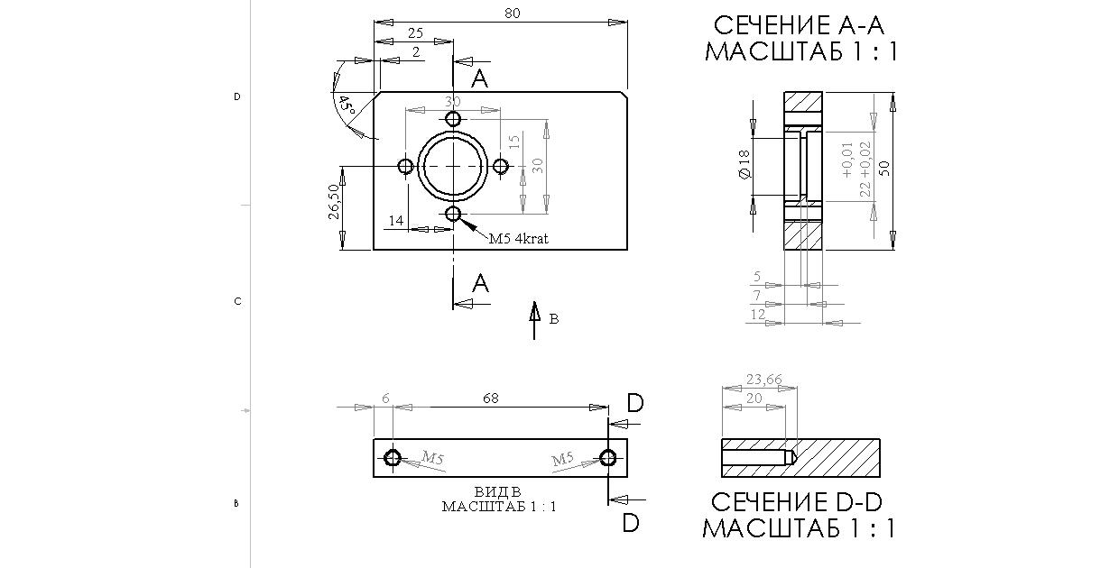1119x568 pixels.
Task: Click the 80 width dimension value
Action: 513,14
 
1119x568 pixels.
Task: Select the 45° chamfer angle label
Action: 346,105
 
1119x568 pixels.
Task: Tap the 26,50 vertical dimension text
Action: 334,202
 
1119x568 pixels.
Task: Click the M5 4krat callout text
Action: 519,239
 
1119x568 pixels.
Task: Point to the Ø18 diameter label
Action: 744,163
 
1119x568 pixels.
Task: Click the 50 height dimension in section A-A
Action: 884,169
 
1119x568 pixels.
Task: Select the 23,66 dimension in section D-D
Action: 763,379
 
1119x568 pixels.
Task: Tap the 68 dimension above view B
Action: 490,398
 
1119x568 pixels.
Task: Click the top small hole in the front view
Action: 453,119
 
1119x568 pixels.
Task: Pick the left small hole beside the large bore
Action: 406,166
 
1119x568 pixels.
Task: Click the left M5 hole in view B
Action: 392,458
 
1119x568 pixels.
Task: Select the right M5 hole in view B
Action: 609,458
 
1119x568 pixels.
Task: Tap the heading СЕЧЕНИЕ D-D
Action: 800,502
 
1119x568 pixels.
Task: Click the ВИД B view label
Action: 498,492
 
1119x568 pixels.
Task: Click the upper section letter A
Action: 480,79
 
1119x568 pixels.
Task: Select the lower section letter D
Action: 631,522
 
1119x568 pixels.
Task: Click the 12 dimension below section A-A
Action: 758,314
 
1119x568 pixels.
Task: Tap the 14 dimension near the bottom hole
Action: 396,220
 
